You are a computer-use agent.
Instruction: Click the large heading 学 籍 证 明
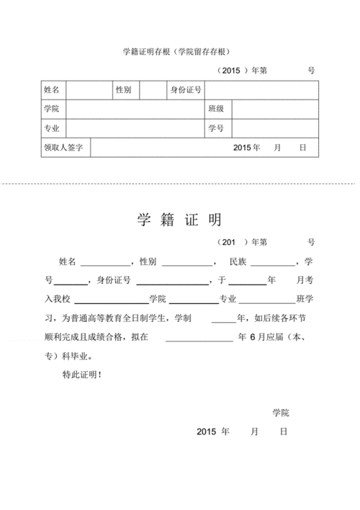pyautogui.click(x=179, y=220)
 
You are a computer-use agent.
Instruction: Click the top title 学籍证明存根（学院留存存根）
pyautogui.click(x=180, y=51)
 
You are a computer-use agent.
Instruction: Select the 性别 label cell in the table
pyautogui.click(x=123, y=90)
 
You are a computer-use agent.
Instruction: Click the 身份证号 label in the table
pyautogui.click(x=185, y=90)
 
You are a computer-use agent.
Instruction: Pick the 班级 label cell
pyautogui.click(x=216, y=109)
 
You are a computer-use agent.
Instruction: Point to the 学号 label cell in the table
pyautogui.click(x=216, y=129)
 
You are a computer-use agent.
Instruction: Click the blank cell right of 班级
pyautogui.click(x=274, y=109)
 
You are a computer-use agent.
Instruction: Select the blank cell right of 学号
pyautogui.click(x=274, y=129)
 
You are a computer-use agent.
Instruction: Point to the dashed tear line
pyautogui.click(x=180, y=184)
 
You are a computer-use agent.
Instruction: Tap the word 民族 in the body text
pyautogui.click(x=237, y=260)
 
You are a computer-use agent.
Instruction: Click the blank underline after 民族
pyautogui.click(x=272, y=262)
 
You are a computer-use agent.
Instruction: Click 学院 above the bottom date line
pyautogui.click(x=280, y=413)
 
